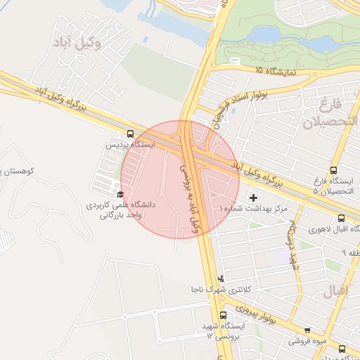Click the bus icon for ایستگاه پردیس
(x=130, y=134)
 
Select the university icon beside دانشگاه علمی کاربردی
(x=120, y=195)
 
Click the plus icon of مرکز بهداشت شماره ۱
(x=253, y=198)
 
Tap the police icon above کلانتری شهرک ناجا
(x=222, y=278)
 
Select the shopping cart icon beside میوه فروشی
(x=307, y=330)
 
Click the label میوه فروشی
(x=307, y=341)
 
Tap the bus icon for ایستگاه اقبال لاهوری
(x=341, y=218)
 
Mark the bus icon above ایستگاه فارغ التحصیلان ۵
(x=333, y=169)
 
